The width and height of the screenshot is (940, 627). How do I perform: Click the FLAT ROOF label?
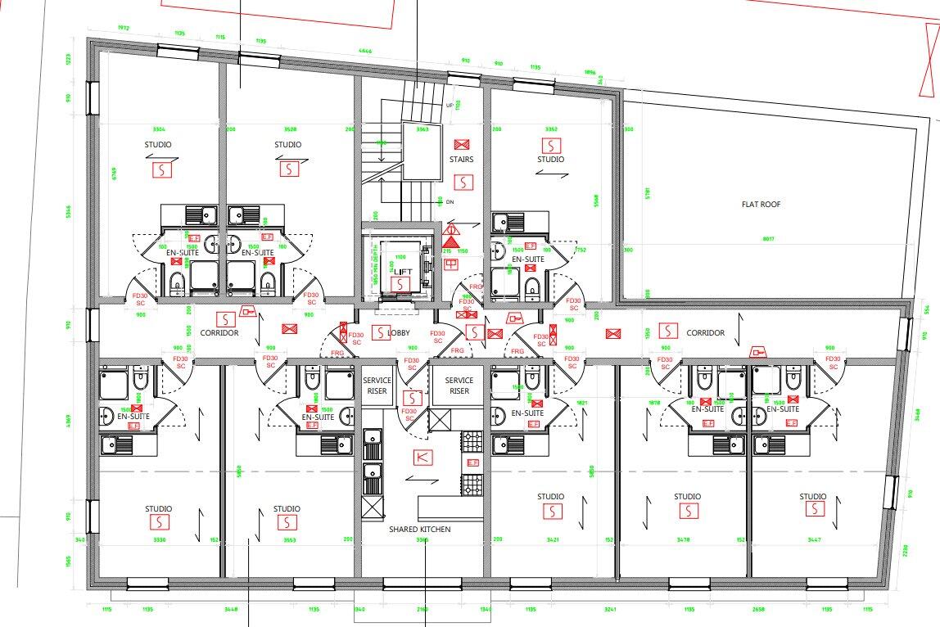pos(761,205)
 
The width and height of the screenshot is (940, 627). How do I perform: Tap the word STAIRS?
pos(461,160)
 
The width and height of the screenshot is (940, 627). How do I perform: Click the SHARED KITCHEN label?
pos(419,530)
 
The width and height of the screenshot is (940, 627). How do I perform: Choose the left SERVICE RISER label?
pos(377,386)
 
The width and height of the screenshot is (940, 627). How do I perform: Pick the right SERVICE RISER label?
pos(459,386)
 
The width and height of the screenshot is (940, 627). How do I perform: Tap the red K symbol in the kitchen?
pos(423,458)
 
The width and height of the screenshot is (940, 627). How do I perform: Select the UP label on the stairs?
pos(449,106)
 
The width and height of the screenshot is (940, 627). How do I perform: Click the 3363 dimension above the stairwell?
pos(423,129)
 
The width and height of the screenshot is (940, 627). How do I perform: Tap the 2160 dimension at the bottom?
pos(423,609)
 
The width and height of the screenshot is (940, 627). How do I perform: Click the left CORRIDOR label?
pos(219,334)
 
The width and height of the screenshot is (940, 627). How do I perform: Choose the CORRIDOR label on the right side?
pos(705,333)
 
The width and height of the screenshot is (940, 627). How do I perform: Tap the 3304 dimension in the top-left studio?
pos(159,129)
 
